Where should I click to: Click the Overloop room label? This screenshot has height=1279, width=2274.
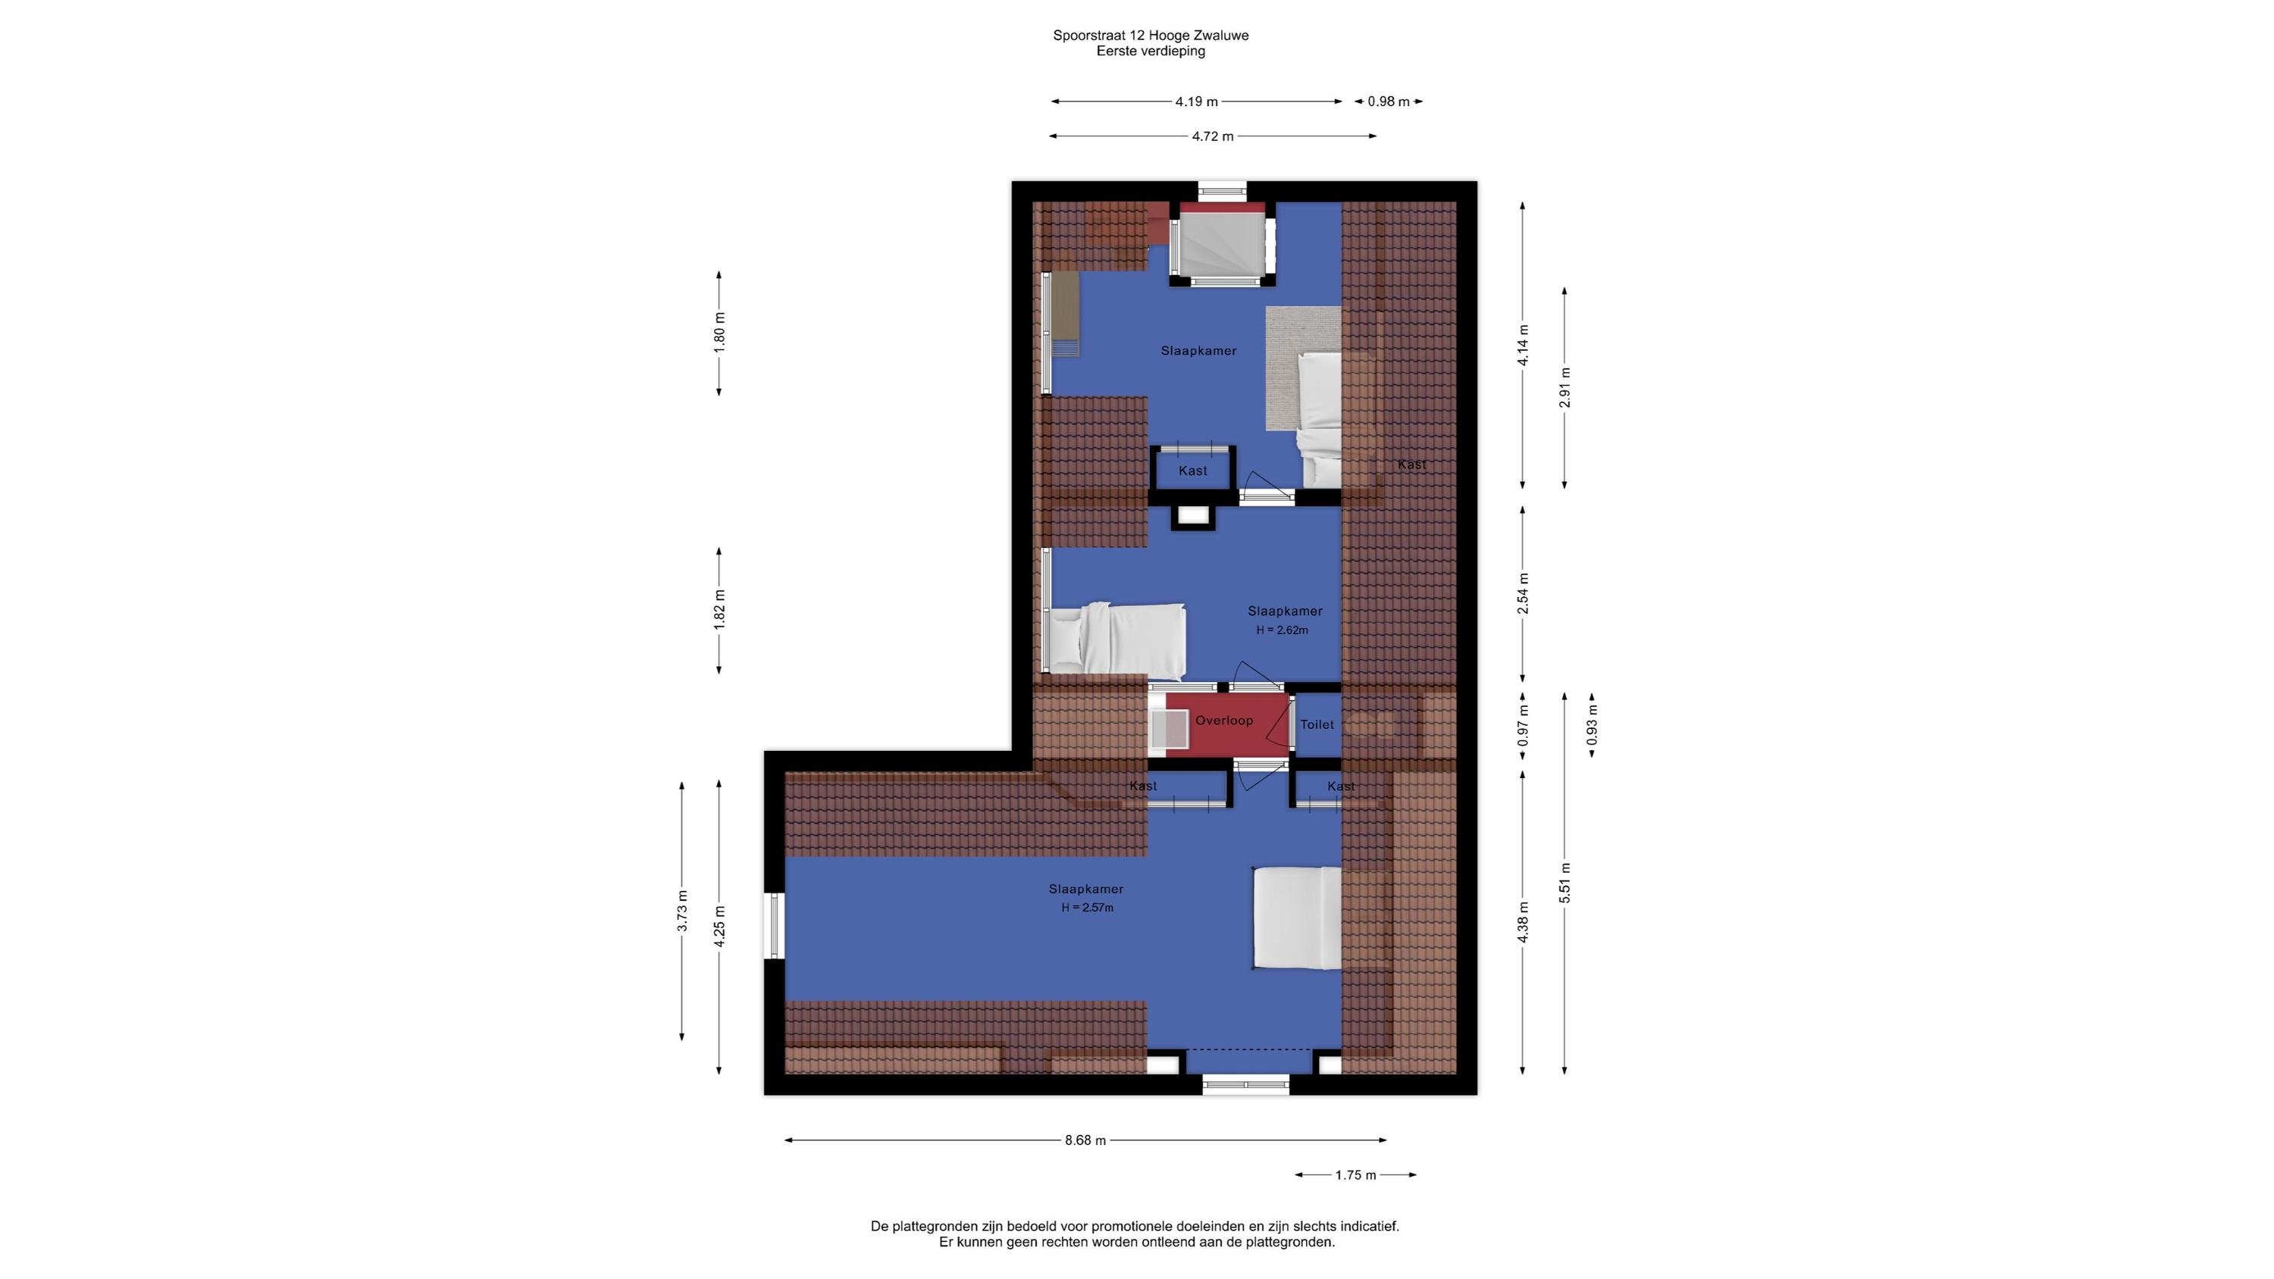pos(1223,721)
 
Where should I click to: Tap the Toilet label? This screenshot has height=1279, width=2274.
pos(1317,724)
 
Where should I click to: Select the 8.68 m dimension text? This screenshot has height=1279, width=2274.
pos(1085,1140)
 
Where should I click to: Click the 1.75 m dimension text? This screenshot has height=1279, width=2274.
pos(1356,1175)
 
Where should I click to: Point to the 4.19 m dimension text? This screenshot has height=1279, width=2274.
pos(1196,102)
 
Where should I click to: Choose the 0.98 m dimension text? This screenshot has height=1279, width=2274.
pos(1389,102)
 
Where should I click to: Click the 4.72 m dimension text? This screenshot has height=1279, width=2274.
pos(1213,136)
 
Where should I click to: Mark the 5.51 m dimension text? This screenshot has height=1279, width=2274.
pos(1565,883)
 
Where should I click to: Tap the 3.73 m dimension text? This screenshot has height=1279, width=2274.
pos(682,911)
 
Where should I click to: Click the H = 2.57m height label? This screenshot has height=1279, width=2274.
pos(1087,908)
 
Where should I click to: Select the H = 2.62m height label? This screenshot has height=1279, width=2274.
pos(1282,630)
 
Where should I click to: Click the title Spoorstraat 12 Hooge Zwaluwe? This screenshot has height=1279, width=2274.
pos(1150,36)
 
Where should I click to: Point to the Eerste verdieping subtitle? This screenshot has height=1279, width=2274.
pos(1150,52)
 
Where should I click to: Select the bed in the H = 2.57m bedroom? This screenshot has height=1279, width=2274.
pos(1297,918)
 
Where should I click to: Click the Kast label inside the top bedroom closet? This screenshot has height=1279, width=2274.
pos(1192,471)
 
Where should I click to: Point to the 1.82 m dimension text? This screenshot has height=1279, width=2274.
pos(719,610)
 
